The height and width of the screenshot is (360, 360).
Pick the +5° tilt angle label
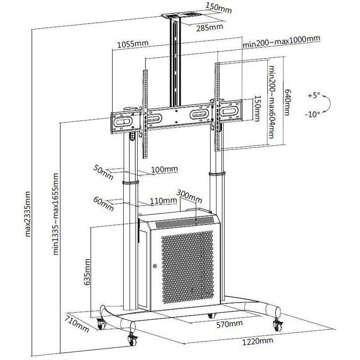click(314, 96)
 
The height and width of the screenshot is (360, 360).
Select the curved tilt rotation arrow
click(328, 105)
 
